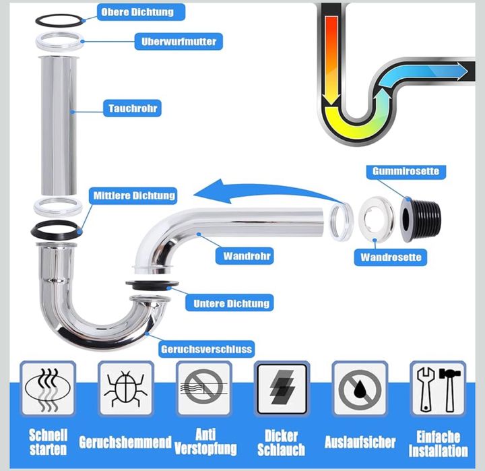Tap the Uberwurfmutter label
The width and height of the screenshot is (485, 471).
[179, 42]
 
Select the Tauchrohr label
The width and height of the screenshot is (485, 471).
[133, 108]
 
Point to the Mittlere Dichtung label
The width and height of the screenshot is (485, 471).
[133, 195]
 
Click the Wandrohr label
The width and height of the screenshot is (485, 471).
[245, 256]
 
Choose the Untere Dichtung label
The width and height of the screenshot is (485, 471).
[230, 303]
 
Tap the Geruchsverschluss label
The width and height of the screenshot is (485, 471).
[206, 349]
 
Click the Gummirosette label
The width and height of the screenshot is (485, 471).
[406, 171]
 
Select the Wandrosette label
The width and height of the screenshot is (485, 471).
[391, 257]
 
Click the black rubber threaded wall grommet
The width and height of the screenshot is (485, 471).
[420, 219]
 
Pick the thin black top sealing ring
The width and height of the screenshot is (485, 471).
[59, 21]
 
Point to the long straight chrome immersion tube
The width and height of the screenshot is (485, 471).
[59, 125]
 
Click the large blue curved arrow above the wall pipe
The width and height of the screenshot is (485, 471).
[266, 190]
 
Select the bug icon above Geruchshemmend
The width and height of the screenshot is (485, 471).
[125, 388]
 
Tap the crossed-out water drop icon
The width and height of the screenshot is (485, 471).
[360, 389]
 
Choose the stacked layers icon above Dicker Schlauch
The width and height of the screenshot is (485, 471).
[282, 389]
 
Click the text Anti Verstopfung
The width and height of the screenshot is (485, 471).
[205, 441]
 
